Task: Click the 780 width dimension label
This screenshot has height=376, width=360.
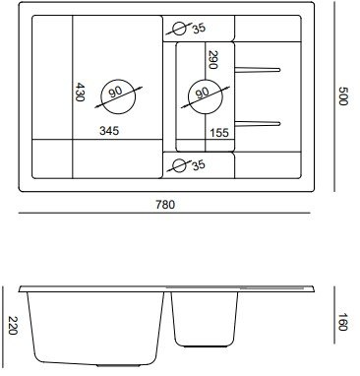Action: tap(165, 205)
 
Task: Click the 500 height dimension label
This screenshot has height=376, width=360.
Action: tap(342, 95)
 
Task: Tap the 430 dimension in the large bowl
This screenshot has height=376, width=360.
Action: tap(80, 92)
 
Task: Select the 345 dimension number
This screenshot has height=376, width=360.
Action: tap(109, 131)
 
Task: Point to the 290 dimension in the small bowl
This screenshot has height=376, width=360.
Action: tap(213, 60)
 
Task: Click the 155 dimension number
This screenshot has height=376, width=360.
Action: tap(219, 133)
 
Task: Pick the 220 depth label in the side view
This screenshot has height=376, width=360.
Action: tap(13, 326)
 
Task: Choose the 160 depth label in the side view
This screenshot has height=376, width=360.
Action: tap(342, 322)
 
